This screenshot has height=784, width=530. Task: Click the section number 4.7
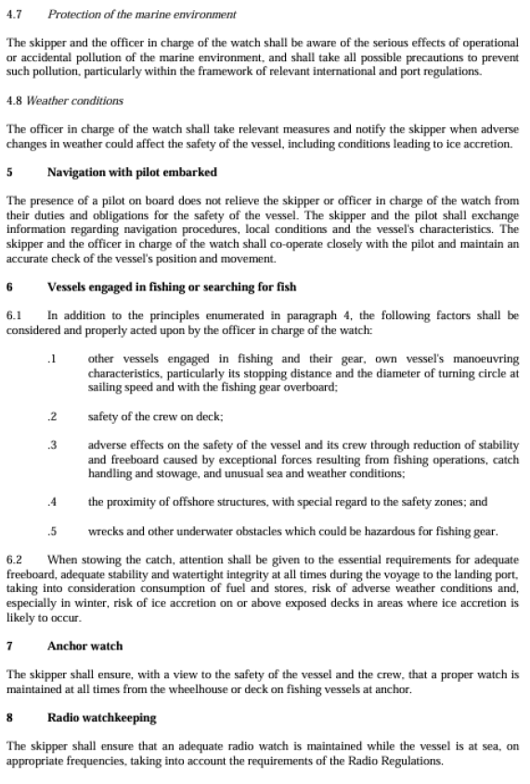click(15, 15)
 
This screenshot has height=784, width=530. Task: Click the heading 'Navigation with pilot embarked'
click(131, 172)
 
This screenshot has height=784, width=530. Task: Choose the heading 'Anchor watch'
click(84, 645)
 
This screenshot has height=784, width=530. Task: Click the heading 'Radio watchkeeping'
click(101, 717)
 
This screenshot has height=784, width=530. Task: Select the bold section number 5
click(9, 172)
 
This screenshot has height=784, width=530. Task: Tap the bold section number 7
click(9, 645)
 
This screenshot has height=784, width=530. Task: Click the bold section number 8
click(9, 717)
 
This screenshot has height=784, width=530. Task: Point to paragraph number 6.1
click(15, 315)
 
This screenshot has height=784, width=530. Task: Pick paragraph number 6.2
click(15, 560)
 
